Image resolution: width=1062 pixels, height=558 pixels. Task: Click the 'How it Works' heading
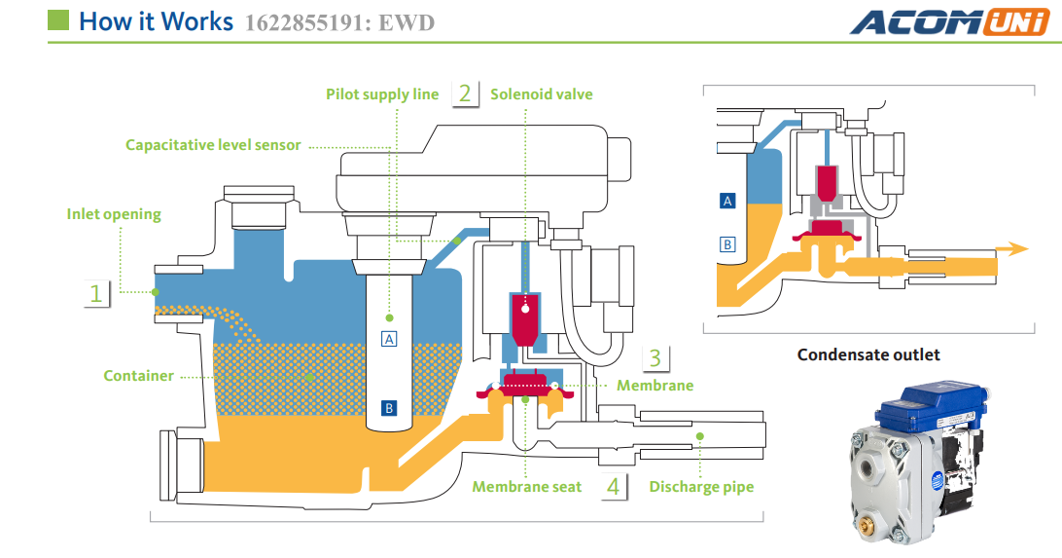coord(156,21)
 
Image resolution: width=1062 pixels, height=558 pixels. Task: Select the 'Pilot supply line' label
coord(382,94)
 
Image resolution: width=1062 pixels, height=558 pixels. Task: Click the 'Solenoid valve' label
coord(541,94)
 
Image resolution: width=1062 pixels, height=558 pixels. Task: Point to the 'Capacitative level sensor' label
coord(213,145)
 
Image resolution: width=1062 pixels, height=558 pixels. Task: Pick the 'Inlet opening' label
coord(114,214)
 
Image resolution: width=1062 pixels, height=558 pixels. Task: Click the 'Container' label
coord(138,376)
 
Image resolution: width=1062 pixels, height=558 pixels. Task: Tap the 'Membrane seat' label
coord(526,486)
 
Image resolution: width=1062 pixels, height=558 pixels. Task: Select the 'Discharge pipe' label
coord(701,486)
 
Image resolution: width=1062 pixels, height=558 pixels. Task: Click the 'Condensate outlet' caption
coord(868,354)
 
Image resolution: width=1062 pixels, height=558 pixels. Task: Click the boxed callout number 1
coord(96,292)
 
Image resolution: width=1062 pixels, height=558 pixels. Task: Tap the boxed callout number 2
coord(465,93)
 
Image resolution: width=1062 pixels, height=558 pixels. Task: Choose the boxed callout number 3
coord(655,357)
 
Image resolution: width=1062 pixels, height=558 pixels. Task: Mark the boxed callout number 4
coord(613,486)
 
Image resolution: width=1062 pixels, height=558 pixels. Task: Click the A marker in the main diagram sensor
coord(389,339)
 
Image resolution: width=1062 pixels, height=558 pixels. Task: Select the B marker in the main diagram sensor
coord(389,408)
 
